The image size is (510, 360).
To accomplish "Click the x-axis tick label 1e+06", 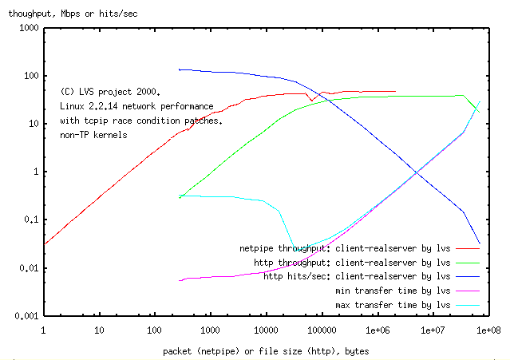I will coord(377,329).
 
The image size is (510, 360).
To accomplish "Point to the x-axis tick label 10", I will coord(99,329).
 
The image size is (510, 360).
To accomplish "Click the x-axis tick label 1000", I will coord(210,329).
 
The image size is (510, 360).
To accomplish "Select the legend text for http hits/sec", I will coord(357,277).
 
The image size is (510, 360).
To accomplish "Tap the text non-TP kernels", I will coord(93,135).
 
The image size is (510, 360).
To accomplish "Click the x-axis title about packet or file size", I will coord(266,350).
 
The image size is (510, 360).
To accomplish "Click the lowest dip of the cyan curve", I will coord(297,250).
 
